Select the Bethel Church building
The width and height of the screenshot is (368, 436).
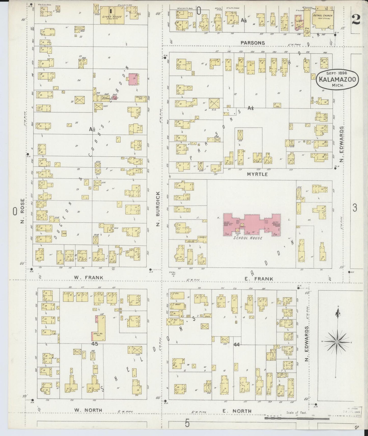[x=322, y=18]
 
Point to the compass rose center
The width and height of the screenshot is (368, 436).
[x=337, y=342]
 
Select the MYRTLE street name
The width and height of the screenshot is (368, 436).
[x=257, y=174]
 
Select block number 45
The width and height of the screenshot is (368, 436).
[x=95, y=344]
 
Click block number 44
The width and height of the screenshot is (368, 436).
[x=237, y=344]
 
